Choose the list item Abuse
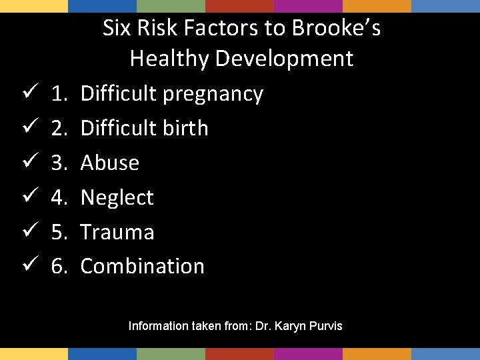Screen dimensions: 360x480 [x=110, y=163]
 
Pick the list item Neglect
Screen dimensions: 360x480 [x=117, y=197]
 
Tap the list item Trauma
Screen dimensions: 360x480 [x=117, y=232]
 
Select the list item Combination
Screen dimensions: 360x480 [x=143, y=266]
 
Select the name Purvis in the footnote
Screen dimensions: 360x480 [x=327, y=326]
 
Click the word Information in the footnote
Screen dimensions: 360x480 [x=158, y=326]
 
